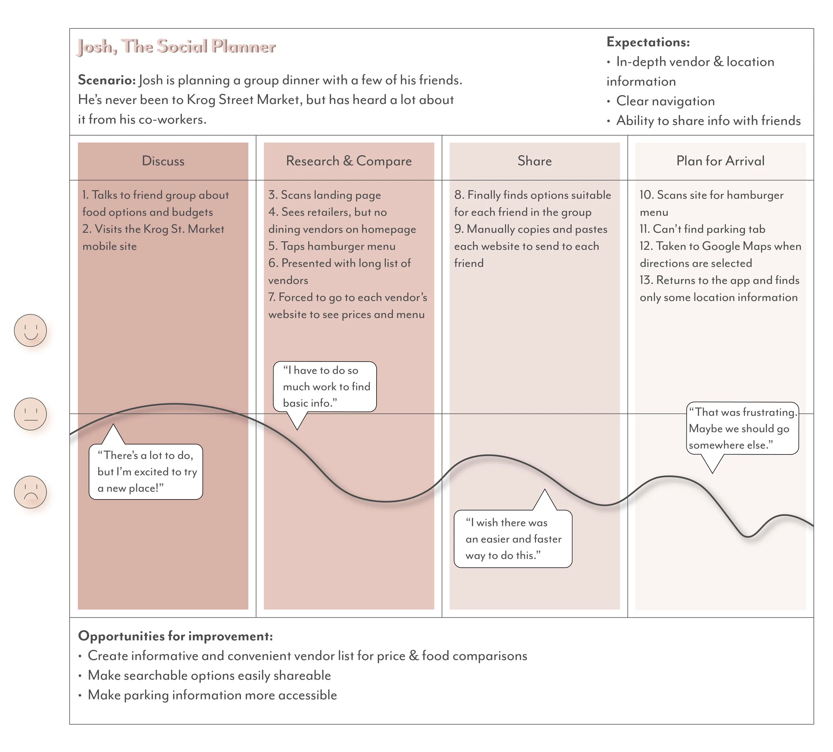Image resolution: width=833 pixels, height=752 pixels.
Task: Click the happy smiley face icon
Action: pos(31,330)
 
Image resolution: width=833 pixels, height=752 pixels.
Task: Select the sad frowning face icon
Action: pos(31,492)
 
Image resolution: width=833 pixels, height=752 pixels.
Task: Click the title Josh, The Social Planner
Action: pos(177,47)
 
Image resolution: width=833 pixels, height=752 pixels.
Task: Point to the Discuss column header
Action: pos(163,161)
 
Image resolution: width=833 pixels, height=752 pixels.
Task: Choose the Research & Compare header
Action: pos(349,161)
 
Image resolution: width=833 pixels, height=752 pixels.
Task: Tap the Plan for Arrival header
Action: pos(720,161)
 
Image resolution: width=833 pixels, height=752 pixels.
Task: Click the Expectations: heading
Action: pos(648,42)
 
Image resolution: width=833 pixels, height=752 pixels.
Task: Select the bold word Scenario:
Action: pos(107,80)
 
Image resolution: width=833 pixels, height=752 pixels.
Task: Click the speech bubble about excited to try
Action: pos(146,472)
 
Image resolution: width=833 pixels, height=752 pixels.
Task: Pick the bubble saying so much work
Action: pos(325,387)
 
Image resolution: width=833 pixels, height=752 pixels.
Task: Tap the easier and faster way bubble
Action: pos(513,539)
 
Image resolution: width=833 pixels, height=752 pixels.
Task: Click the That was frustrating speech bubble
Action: pos(742,428)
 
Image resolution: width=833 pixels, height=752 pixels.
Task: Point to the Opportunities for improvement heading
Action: pos(176,636)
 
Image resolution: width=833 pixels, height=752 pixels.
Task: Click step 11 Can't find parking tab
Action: pos(702,229)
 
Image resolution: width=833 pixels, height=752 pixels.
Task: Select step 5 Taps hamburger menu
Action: pos(332,246)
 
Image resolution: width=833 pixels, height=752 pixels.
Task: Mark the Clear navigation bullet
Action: pos(665,101)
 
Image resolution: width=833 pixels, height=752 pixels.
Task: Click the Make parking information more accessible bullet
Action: pos(212,695)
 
